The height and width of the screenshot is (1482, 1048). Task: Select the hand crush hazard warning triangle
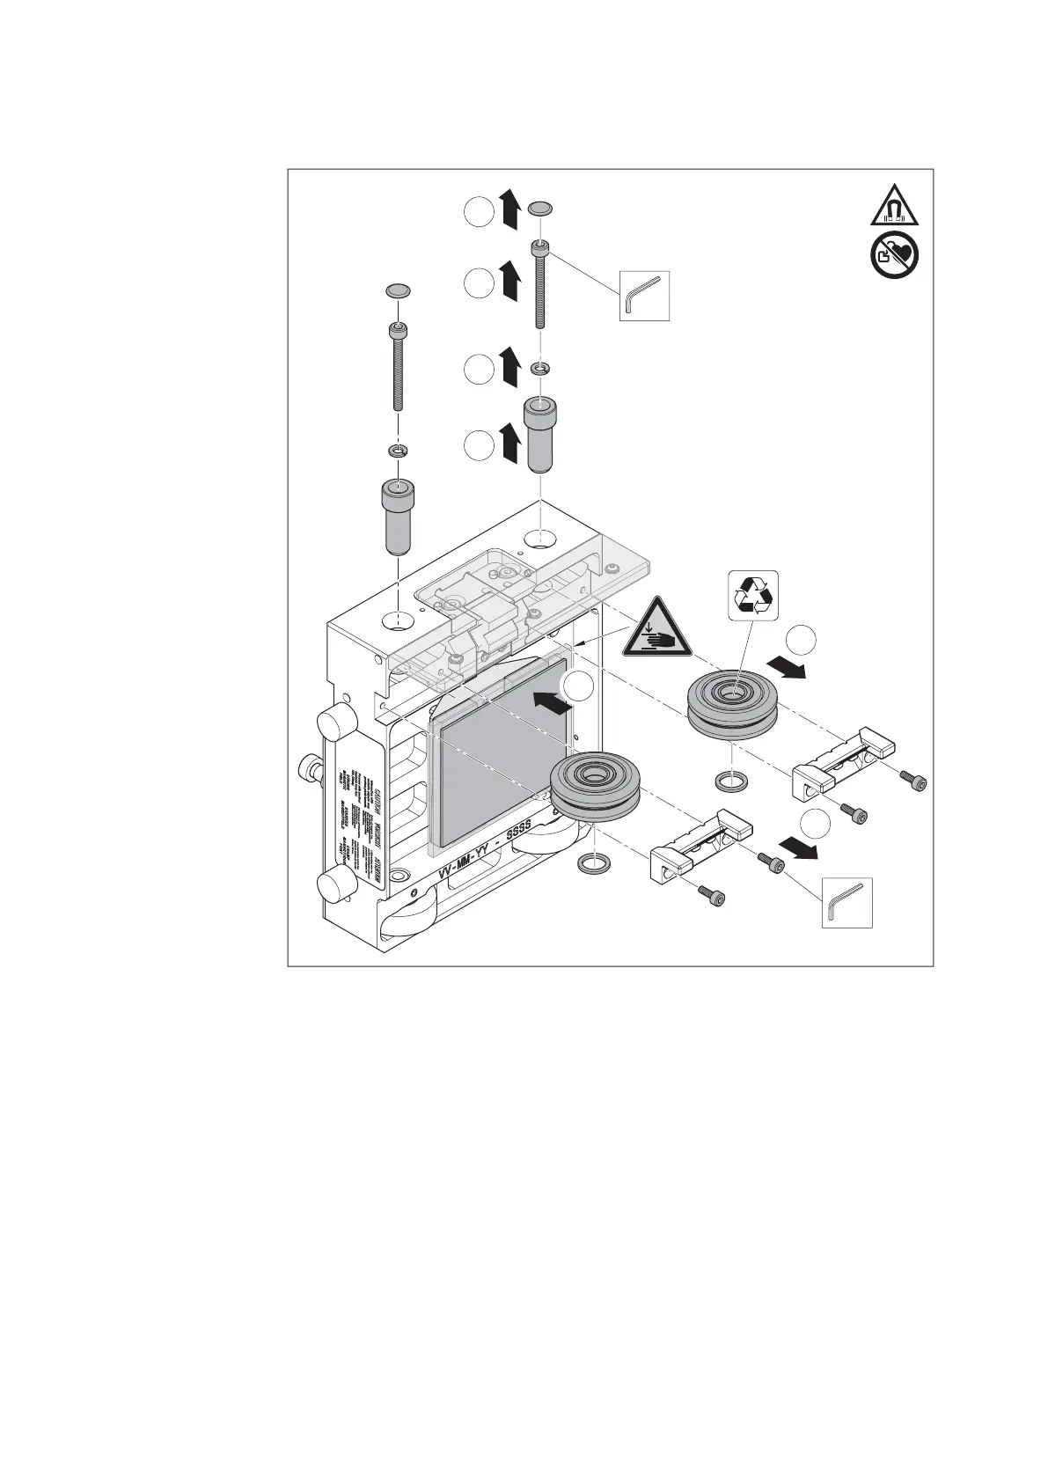pos(654,629)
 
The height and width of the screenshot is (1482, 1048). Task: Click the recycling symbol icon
pos(754,596)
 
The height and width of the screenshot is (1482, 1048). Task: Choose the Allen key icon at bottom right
pos(846,903)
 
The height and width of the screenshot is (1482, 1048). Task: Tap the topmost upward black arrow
pos(509,212)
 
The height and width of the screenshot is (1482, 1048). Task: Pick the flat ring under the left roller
pos(594,864)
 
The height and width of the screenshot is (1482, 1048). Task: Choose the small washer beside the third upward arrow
pos(541,366)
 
